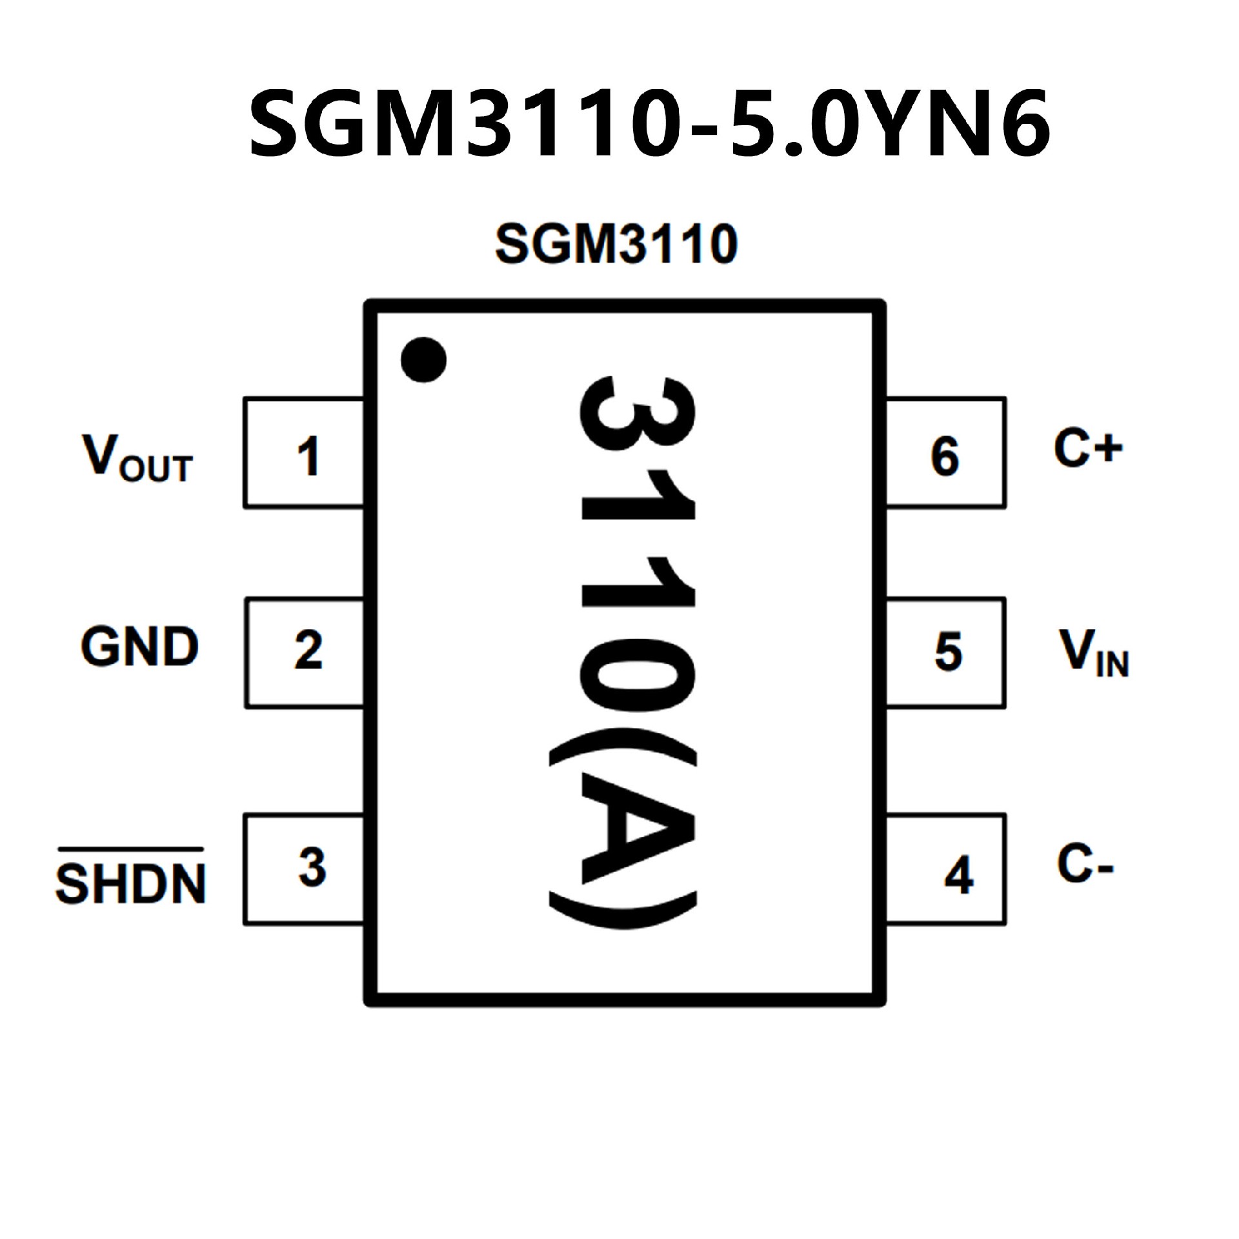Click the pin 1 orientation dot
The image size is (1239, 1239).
[423, 359]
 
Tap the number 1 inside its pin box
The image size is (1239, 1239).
[308, 456]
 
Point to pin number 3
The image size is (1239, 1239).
[312, 867]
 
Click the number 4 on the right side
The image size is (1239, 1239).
[958, 876]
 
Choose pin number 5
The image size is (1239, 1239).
[948, 652]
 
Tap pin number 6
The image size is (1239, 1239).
[945, 457]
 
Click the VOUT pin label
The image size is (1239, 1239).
[137, 458]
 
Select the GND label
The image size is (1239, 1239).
[139, 647]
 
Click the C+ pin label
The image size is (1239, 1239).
[1088, 448]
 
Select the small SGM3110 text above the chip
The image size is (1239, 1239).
[616, 244]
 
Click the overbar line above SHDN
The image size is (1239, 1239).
[131, 849]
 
